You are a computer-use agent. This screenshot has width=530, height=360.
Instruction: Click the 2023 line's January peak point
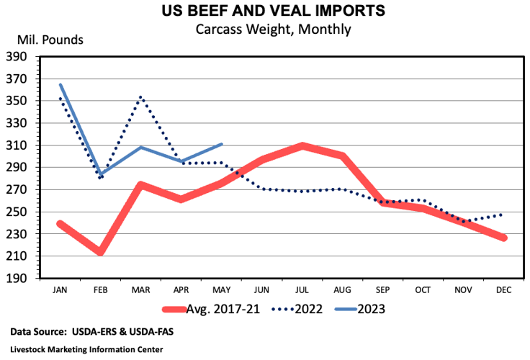pyautogui.click(x=60, y=84)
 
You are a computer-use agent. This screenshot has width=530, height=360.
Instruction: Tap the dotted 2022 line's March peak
pyautogui.click(x=141, y=96)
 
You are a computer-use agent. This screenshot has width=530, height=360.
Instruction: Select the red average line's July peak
pyautogui.click(x=303, y=145)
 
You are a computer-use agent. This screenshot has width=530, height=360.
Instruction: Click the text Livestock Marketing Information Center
pyautogui.click(x=86, y=349)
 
